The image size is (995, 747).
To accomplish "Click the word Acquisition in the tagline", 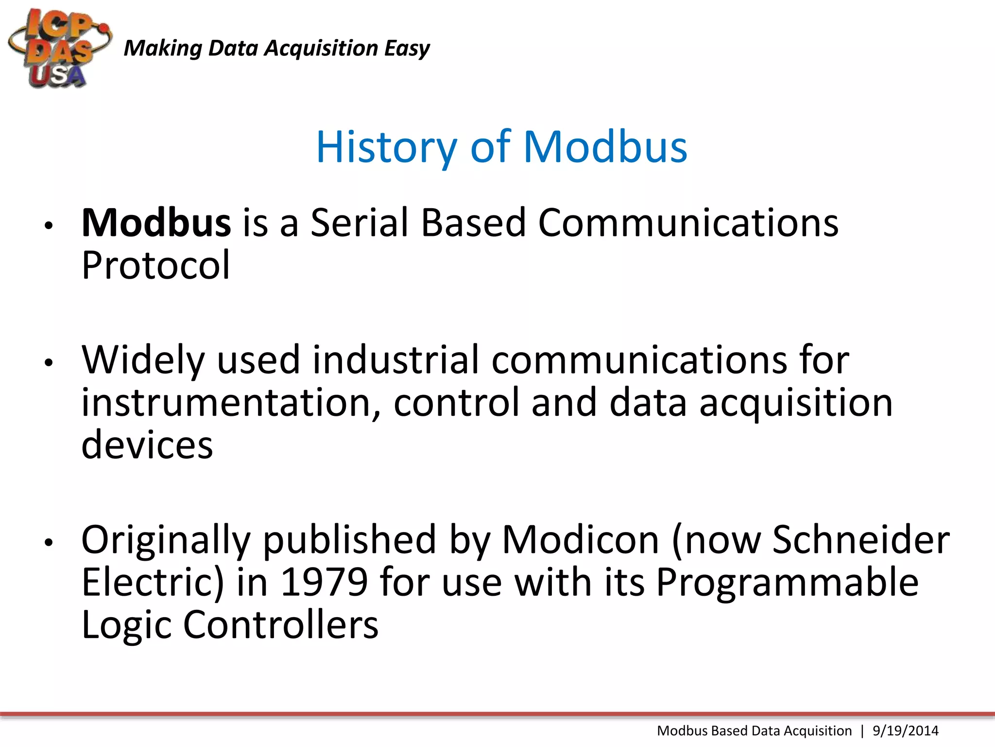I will [321, 49].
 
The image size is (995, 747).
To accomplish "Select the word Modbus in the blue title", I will [605, 147].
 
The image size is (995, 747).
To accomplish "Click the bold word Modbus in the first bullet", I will [156, 223].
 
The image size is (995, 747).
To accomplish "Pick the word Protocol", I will [155, 266].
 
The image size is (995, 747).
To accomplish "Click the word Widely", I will [143, 361].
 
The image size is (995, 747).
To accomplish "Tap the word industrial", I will [395, 361].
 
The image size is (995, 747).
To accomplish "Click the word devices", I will [147, 445].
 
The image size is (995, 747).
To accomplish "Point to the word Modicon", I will [580, 540].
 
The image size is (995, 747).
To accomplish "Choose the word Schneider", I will [860, 540].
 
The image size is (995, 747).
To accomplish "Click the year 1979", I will [324, 583].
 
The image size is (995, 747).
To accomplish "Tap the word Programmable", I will [787, 583].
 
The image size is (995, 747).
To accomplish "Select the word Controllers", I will [280, 625].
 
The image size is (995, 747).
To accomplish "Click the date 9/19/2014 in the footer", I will [905, 731].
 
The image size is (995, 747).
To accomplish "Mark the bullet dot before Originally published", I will [48, 542].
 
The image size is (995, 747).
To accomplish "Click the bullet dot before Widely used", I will [48, 363].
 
